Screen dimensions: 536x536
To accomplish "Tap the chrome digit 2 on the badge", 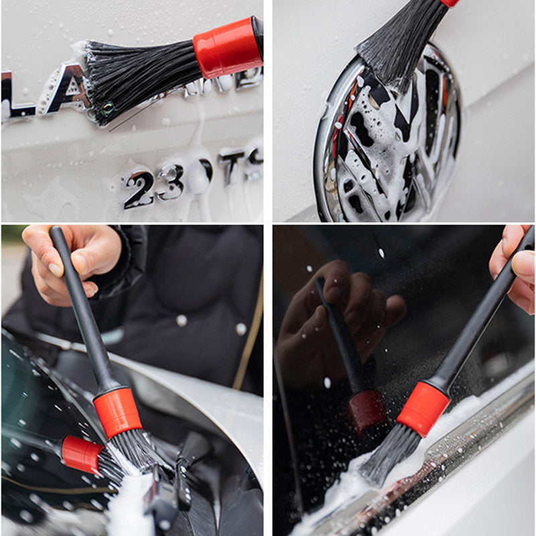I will coord(139,190).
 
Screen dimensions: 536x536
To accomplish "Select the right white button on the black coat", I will coord(241,329).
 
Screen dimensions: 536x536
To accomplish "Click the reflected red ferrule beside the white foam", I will coord(82,454).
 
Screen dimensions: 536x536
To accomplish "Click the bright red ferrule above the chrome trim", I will coord(423,408).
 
